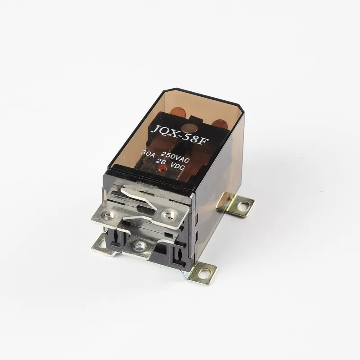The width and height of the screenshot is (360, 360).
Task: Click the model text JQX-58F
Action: tap(179, 135)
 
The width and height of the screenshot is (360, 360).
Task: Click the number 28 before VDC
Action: tap(160, 162)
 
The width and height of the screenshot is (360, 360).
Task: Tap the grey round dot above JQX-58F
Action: tap(187, 128)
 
